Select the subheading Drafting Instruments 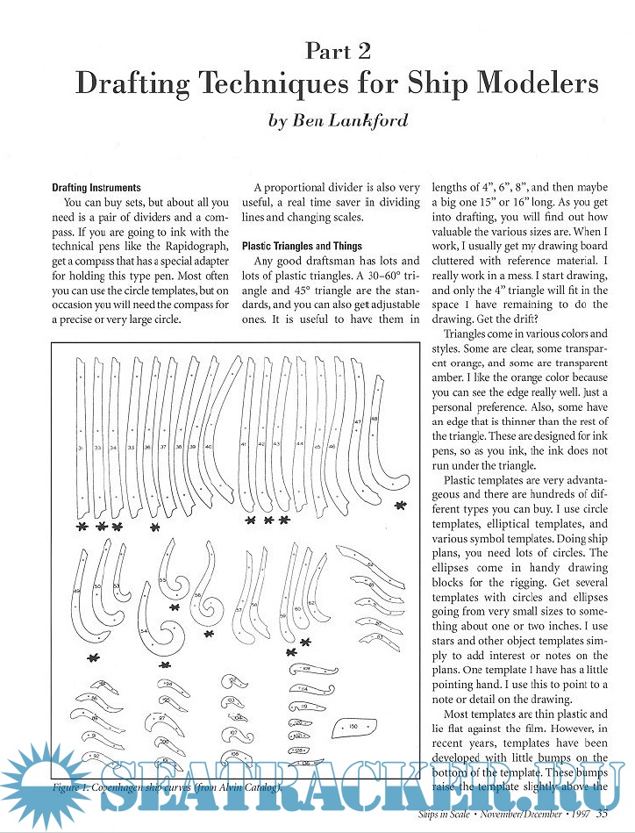(96, 188)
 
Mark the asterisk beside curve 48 (401, 506)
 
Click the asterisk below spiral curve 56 (209, 634)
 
